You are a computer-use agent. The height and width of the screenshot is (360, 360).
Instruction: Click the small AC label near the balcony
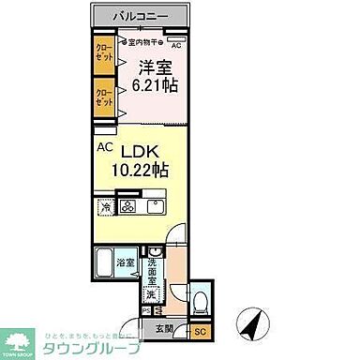174,44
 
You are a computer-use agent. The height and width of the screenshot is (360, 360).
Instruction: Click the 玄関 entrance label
164,328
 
